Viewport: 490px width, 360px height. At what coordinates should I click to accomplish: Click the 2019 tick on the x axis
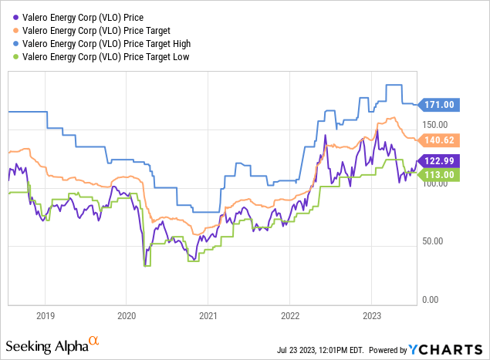(x=46, y=315)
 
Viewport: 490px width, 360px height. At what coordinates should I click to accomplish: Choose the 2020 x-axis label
(x=127, y=315)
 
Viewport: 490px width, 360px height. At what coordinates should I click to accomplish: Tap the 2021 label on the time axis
(x=208, y=315)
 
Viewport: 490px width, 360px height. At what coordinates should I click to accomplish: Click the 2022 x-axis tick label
(x=289, y=315)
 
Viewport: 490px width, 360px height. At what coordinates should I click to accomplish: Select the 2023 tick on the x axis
(x=371, y=315)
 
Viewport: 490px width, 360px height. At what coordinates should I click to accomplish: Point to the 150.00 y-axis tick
(x=435, y=123)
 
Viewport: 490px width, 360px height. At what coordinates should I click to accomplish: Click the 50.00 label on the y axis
(x=435, y=241)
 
